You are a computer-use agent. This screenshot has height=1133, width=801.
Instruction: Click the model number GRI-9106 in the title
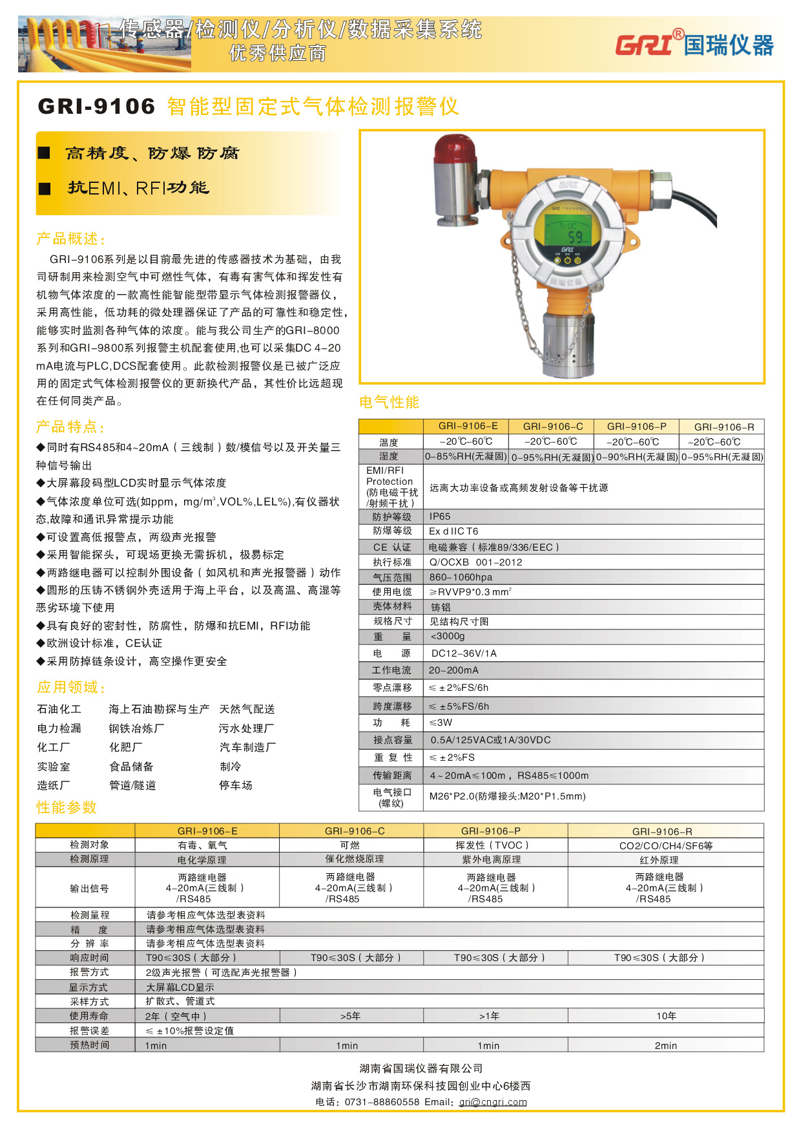(97, 107)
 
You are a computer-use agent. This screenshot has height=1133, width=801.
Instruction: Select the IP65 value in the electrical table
(440, 516)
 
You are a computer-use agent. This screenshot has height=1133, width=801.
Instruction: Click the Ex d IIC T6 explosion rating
(453, 531)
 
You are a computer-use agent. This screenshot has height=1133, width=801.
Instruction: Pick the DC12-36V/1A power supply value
(464, 653)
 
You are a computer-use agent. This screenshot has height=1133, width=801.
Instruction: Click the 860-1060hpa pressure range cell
(461, 577)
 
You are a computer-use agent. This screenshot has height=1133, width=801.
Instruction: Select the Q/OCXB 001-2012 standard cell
(475, 562)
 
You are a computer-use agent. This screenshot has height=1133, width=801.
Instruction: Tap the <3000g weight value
(448, 637)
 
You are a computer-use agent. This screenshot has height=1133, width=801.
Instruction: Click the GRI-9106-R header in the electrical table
(723, 427)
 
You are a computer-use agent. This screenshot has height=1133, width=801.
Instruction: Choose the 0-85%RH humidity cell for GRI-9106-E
(466, 457)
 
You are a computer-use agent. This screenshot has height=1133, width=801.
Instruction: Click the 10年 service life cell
(666, 1016)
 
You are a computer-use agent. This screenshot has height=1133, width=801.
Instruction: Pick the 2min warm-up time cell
(665, 1045)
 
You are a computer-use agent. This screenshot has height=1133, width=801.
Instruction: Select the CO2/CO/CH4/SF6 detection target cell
(665, 845)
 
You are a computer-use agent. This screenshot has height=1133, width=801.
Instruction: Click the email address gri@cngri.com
(493, 1102)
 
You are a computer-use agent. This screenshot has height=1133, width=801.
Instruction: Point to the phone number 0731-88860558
(382, 1102)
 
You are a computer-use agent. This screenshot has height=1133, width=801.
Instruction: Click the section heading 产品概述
(70, 239)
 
